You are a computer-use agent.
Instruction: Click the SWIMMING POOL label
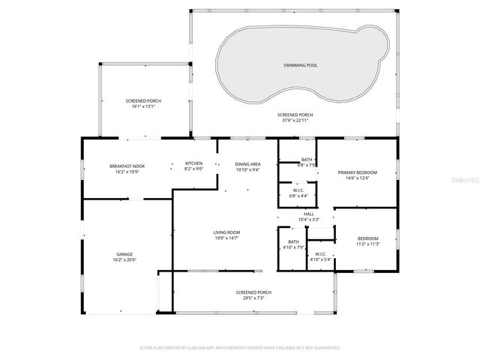click(x=300, y=65)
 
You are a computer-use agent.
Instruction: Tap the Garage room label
click(x=124, y=253)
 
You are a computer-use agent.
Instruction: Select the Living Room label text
click(x=226, y=232)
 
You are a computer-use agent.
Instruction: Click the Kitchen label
click(x=194, y=163)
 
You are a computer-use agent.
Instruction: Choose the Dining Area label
click(x=247, y=163)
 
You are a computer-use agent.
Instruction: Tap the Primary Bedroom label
click(x=357, y=172)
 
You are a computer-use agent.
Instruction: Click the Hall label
click(x=308, y=214)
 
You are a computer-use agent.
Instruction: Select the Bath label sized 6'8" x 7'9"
click(x=307, y=159)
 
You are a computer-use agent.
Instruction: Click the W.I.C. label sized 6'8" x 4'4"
click(x=297, y=190)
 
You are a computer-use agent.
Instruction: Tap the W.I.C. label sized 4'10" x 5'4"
click(x=320, y=253)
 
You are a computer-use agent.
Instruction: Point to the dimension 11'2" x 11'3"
click(x=367, y=244)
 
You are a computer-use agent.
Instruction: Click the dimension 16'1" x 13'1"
click(x=142, y=106)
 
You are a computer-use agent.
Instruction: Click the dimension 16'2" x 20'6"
click(x=124, y=259)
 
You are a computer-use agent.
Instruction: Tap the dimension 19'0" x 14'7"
click(x=226, y=238)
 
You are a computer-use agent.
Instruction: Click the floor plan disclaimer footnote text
click(x=240, y=347)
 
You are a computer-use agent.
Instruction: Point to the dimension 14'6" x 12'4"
click(x=357, y=178)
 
